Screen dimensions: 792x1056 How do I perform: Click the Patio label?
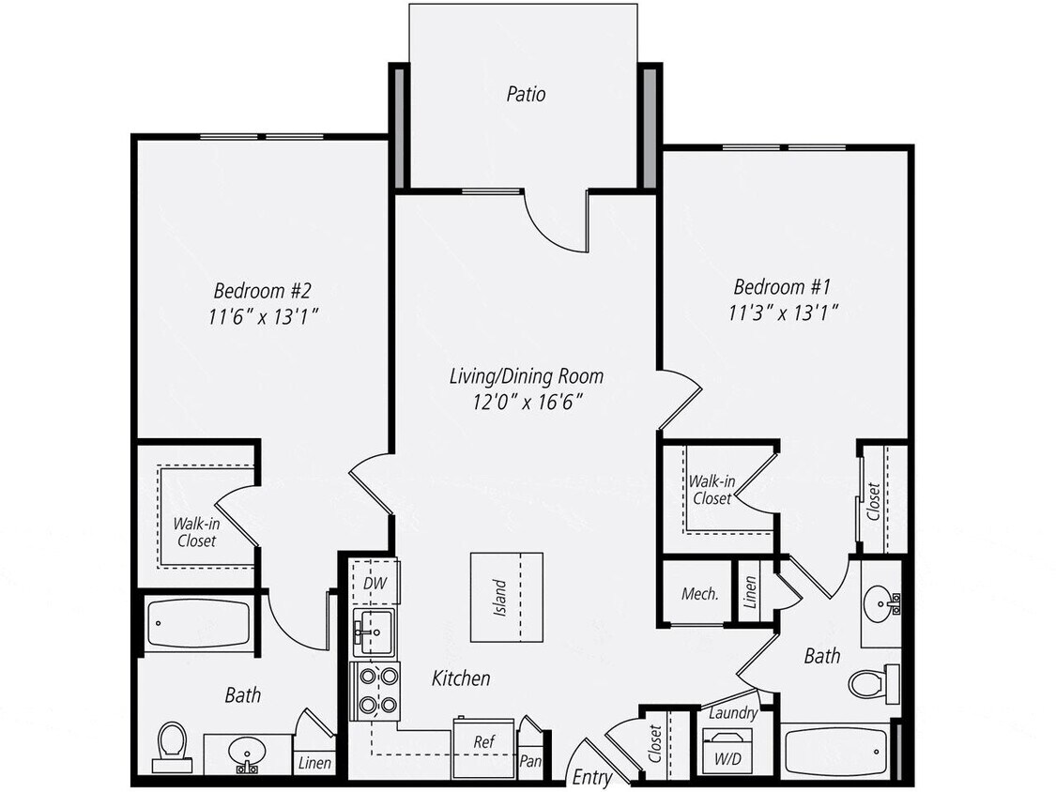[526, 94]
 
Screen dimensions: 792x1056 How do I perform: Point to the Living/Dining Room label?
[526, 376]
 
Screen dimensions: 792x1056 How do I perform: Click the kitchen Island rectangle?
[506, 598]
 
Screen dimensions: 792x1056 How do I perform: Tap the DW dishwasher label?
[374, 584]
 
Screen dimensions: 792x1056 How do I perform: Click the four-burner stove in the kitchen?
[375, 690]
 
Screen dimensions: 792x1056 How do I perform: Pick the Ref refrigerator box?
[483, 741]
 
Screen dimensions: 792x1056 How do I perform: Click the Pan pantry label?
[530, 762]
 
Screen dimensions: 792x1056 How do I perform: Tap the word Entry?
[592, 777]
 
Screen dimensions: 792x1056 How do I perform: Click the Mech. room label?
[699, 593]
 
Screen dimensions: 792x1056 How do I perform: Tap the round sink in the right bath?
[881, 604]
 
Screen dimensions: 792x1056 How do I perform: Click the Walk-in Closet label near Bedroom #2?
[196, 532]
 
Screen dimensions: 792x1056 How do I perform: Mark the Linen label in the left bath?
[314, 763]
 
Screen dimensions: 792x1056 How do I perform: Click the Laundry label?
[733, 713]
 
